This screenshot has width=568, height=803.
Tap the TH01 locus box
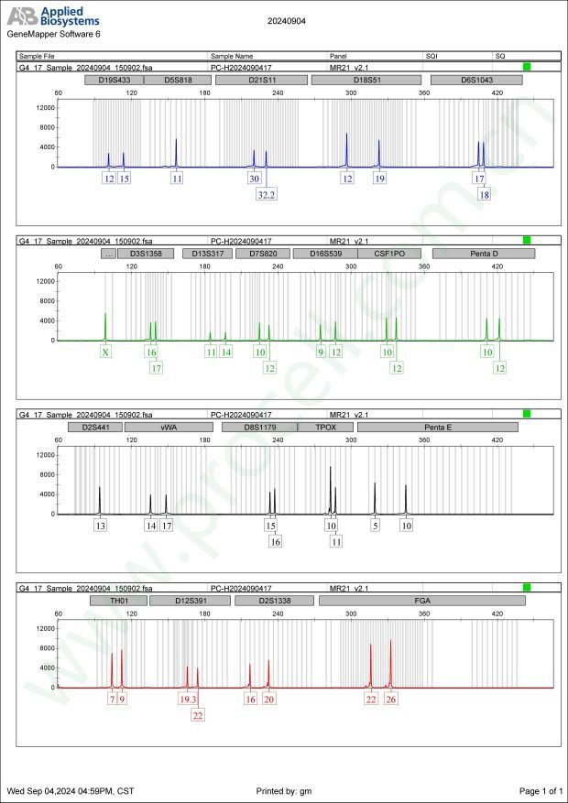pos(118,602)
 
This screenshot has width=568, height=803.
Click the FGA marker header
pos(422,602)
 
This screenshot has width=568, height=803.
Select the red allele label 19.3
pos(188,700)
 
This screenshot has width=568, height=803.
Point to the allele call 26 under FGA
pos(391,700)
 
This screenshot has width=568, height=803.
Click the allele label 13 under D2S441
pos(100,526)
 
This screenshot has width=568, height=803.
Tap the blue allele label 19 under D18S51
pos(379,179)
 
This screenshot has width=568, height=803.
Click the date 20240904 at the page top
pos(288,19)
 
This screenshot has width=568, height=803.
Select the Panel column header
pos(340,57)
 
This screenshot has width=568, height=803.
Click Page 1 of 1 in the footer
pos(540,790)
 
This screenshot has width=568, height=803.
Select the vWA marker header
pos(169,428)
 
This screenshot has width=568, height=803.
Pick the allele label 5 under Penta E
pos(375,526)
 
